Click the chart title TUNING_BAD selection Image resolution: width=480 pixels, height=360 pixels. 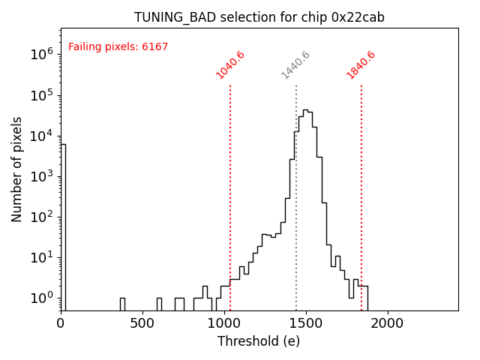click(259, 17)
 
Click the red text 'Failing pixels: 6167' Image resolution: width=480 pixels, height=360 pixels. click(118, 47)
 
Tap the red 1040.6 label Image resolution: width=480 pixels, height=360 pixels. click(230, 65)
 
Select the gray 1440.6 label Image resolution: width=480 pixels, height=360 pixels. click(295, 65)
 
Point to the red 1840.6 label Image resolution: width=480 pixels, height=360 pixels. click(361, 65)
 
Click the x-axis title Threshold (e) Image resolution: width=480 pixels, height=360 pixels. click(259, 341)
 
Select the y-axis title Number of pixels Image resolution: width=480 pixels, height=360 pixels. click(17, 169)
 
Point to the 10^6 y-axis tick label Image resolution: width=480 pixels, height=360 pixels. click(40, 54)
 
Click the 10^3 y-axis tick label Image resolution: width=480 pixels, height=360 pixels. click(40, 176)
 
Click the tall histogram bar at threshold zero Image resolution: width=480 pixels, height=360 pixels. click(63, 225)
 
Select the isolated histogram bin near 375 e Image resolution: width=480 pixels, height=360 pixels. click(122, 304)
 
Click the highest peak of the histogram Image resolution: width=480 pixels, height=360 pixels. click(305, 111)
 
